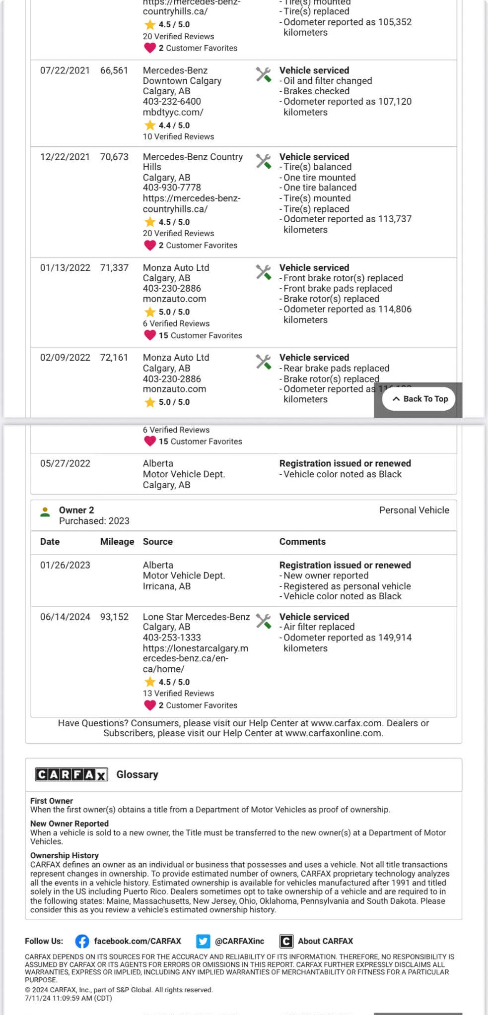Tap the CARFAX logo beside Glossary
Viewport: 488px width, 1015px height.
[x=71, y=774]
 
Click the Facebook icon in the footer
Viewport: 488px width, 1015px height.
[x=82, y=941]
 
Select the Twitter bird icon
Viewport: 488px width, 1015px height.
[x=203, y=941]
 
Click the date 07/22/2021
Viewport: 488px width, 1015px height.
[x=65, y=70]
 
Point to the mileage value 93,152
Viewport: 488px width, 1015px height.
[x=114, y=617]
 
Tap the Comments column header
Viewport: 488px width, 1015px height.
[x=302, y=542]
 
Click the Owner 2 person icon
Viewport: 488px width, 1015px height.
[x=45, y=512]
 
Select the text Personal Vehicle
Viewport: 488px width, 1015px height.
[x=414, y=510]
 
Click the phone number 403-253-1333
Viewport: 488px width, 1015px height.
[x=172, y=637]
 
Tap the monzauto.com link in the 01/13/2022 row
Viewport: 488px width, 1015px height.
[x=174, y=299]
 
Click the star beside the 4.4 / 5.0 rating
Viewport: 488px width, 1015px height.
[x=150, y=126]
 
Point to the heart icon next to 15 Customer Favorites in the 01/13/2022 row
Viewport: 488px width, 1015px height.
[x=150, y=335]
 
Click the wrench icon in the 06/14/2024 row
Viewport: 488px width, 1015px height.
[x=264, y=621]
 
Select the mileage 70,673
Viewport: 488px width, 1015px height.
[x=114, y=157]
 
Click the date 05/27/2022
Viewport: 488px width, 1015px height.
[x=65, y=463]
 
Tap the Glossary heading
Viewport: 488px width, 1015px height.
[x=137, y=774]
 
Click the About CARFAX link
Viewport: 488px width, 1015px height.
[x=325, y=941]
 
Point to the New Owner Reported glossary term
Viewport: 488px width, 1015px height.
[x=70, y=824]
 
